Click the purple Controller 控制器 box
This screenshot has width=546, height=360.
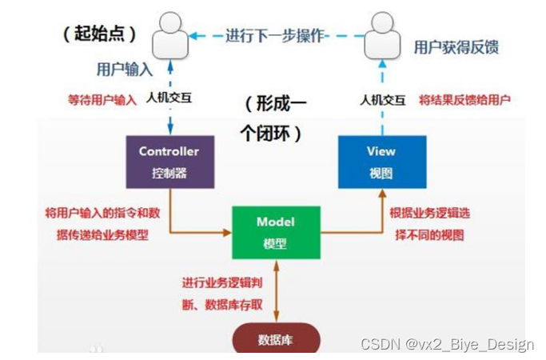pos(169,162)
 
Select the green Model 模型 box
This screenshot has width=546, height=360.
pos(276,231)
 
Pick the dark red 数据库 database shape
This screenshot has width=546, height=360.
pos(276,339)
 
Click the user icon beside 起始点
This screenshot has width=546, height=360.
pos(171,34)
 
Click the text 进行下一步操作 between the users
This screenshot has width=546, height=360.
pos(276,34)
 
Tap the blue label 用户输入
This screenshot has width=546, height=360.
pos(124,69)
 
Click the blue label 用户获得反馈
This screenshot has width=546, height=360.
pos(456,47)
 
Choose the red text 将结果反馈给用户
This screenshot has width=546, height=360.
pos(464,101)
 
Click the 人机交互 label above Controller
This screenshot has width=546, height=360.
pos(169,101)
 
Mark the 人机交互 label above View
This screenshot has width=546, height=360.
pos(380,101)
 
